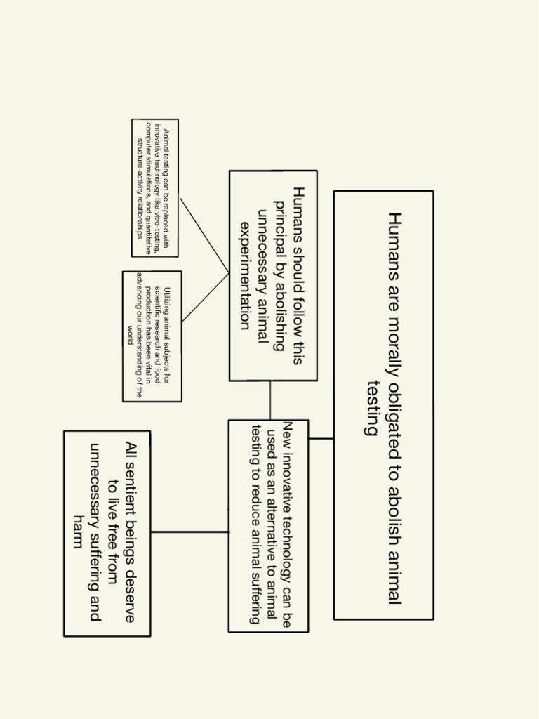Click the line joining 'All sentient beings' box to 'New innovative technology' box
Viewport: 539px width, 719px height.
(x=189, y=532)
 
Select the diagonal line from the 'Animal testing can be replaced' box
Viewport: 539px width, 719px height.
(x=204, y=235)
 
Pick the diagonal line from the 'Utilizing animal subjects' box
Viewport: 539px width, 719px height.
(x=205, y=298)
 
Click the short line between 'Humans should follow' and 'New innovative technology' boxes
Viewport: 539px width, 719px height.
(x=270, y=400)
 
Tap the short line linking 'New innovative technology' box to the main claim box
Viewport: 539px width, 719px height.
(x=321, y=439)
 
